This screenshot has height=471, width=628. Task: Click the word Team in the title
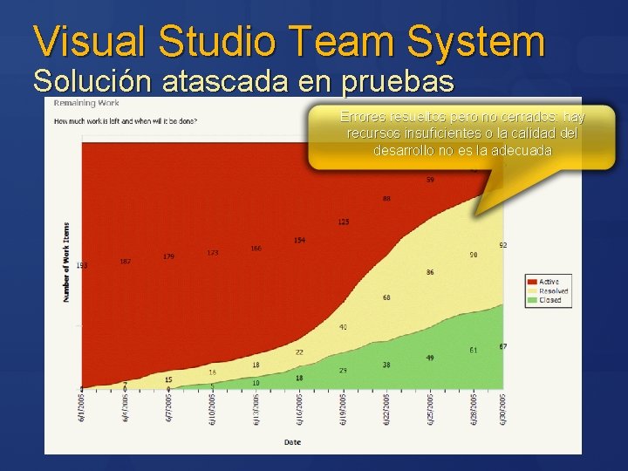(x=334, y=41)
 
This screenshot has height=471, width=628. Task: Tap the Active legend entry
(x=549, y=282)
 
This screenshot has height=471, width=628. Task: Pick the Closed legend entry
(x=549, y=300)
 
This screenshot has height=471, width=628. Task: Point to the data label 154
(x=299, y=240)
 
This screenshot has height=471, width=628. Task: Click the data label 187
(x=126, y=262)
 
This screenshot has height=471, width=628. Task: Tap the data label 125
(x=344, y=222)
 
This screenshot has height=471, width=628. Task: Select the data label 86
(x=430, y=273)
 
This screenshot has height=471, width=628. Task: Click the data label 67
(x=503, y=346)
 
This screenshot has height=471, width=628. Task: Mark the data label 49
(x=430, y=358)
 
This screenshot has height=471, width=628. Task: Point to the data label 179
(x=168, y=256)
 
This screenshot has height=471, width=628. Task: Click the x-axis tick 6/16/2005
(x=297, y=407)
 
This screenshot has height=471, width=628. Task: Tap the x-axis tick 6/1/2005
(x=82, y=407)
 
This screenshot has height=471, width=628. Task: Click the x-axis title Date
(x=293, y=442)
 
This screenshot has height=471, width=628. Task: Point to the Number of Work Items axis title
(x=66, y=263)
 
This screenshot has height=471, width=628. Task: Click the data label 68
(x=386, y=298)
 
